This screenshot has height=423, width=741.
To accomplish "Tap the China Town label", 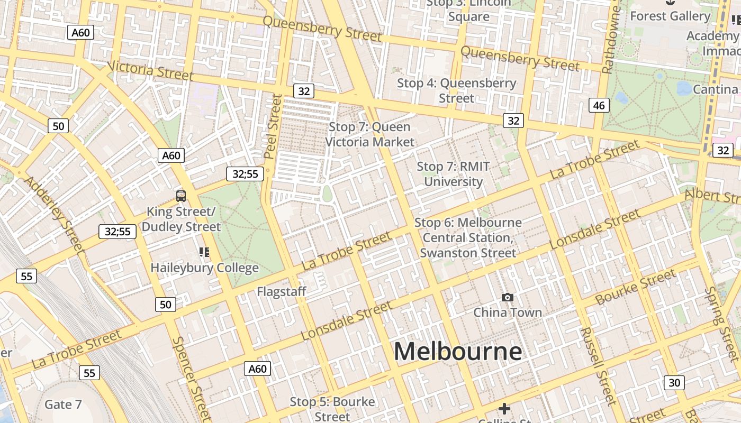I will [507, 312].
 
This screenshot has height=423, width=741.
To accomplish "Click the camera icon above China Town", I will [507, 298].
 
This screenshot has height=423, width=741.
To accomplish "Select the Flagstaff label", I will [282, 291].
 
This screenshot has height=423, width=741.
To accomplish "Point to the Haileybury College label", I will [204, 268].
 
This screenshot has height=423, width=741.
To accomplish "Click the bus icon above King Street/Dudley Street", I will [181, 196].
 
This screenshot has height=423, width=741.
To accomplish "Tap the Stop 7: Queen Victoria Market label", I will [369, 134].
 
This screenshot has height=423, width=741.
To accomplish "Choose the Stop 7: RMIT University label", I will [453, 174].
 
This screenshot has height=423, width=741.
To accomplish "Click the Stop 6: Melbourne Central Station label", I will [468, 237].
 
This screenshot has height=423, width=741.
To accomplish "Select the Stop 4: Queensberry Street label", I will [456, 90].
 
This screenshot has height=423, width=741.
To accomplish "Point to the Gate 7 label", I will [63, 404].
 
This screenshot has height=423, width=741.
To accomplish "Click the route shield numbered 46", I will [599, 105].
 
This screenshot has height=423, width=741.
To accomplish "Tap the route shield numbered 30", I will [674, 382].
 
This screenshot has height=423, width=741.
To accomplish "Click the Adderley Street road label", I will [55, 214].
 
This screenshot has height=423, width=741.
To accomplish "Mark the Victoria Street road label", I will [150, 71].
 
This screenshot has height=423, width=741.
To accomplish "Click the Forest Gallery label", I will [670, 16].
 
